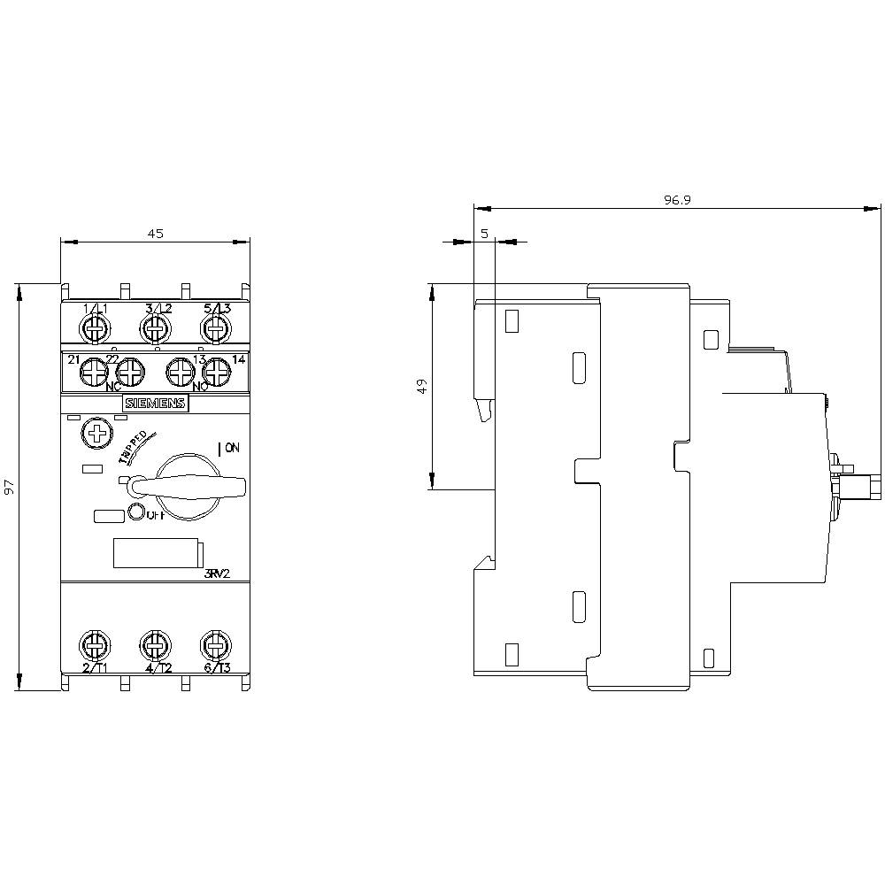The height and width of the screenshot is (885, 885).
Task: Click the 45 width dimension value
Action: [155, 234]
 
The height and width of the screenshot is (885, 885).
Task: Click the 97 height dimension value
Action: [10, 488]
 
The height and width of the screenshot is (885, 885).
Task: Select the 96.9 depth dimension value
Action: [677, 201]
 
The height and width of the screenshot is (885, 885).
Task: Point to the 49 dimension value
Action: [422, 386]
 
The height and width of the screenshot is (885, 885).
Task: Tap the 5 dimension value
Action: [484, 234]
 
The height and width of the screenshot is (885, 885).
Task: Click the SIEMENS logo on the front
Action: [155, 404]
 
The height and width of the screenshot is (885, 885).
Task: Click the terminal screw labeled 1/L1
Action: [93, 329]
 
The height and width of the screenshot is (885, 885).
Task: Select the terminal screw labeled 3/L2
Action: [155, 329]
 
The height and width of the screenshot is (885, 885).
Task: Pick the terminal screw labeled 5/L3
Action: [214, 329]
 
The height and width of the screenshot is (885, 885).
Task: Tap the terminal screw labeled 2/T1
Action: [93, 643]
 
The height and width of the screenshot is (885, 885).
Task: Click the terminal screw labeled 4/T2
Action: [155, 643]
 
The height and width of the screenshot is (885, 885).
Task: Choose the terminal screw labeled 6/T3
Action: [214, 643]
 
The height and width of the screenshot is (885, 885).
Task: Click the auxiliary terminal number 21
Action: [74, 359]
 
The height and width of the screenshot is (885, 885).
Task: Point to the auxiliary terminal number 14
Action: [237, 359]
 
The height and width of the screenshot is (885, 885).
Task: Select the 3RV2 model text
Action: [217, 573]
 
